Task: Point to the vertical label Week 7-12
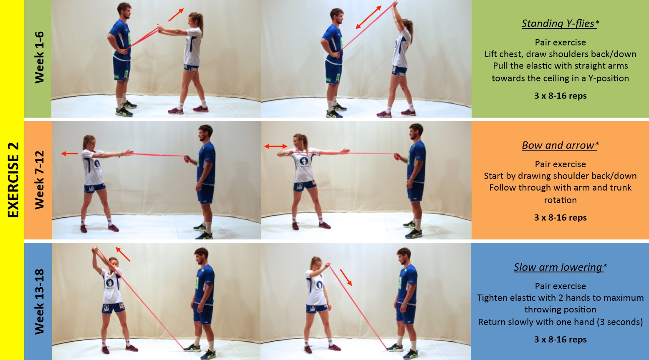click(x=39, y=180)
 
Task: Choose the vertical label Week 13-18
click(x=39, y=301)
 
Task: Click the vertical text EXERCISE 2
click(x=13, y=180)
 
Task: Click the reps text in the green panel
click(x=560, y=96)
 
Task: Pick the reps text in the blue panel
click(x=560, y=340)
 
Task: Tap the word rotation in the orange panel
click(x=560, y=200)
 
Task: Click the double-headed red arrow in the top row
click(x=369, y=17)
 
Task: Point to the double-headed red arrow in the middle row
click(x=276, y=146)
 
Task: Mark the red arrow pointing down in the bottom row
click(x=346, y=277)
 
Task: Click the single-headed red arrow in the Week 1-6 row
click(x=176, y=15)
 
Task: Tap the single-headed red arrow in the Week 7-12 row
click(x=70, y=154)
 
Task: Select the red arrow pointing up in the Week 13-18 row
click(x=123, y=254)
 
